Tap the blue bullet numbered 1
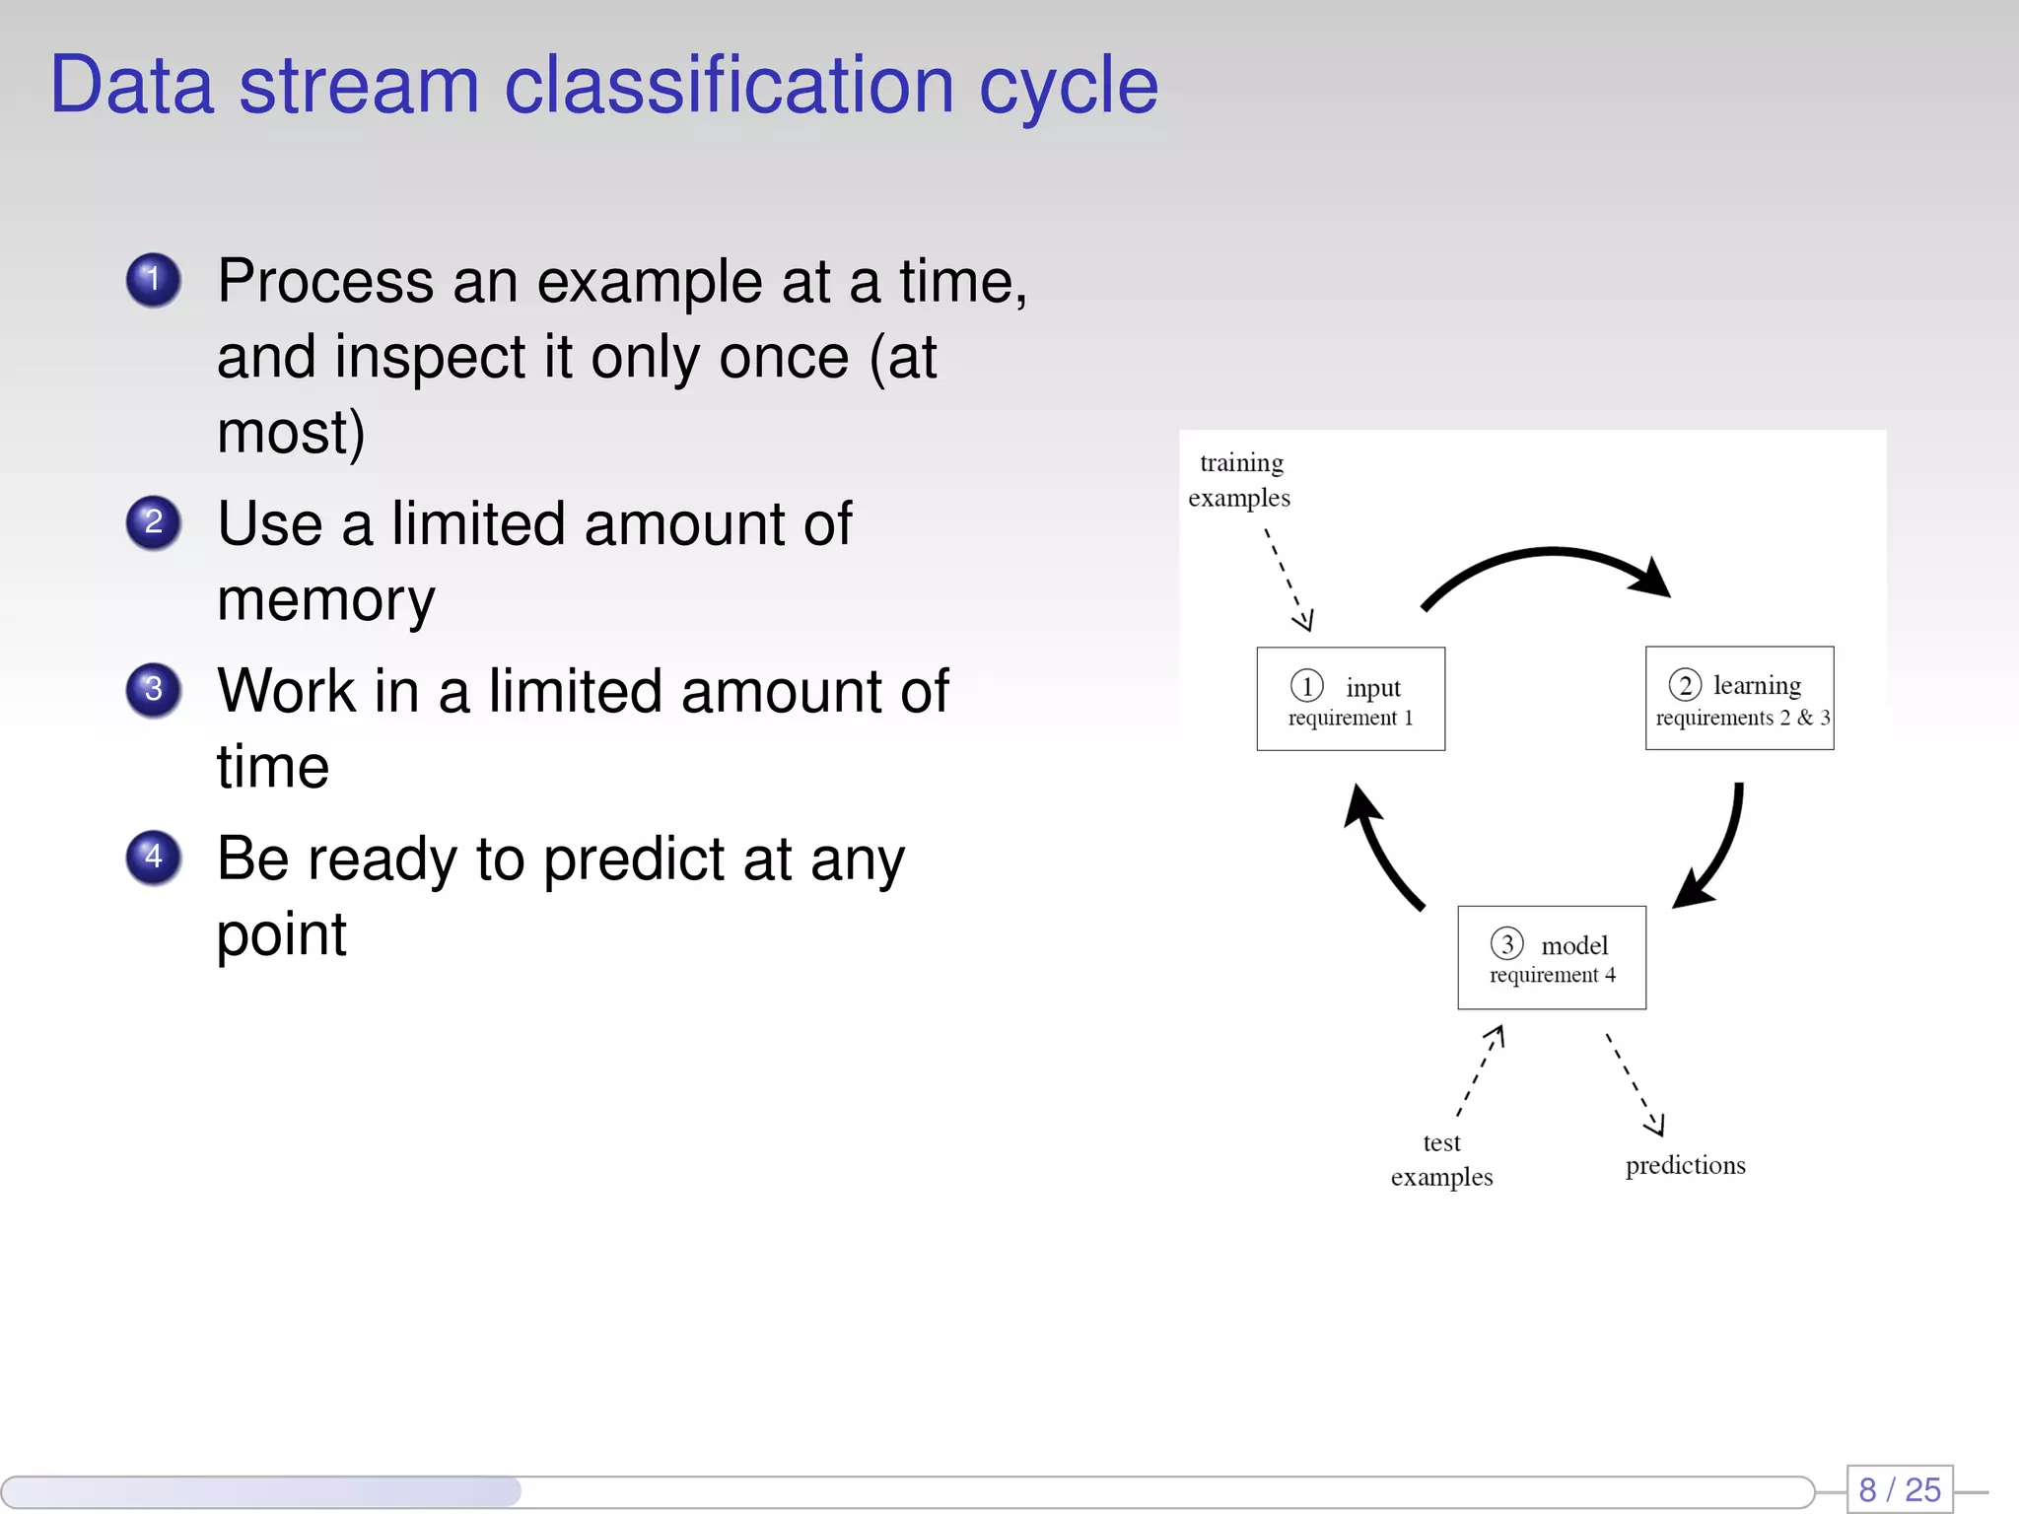154,280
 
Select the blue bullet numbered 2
154,522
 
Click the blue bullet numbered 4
154,857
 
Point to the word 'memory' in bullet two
325,601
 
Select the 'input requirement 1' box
1351,699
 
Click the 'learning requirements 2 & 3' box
1739,699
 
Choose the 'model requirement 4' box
1552,957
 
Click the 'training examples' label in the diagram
1239,480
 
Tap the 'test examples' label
1441,1160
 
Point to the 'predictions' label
1685,1165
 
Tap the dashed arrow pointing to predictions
1635,1084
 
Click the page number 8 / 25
1899,1489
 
